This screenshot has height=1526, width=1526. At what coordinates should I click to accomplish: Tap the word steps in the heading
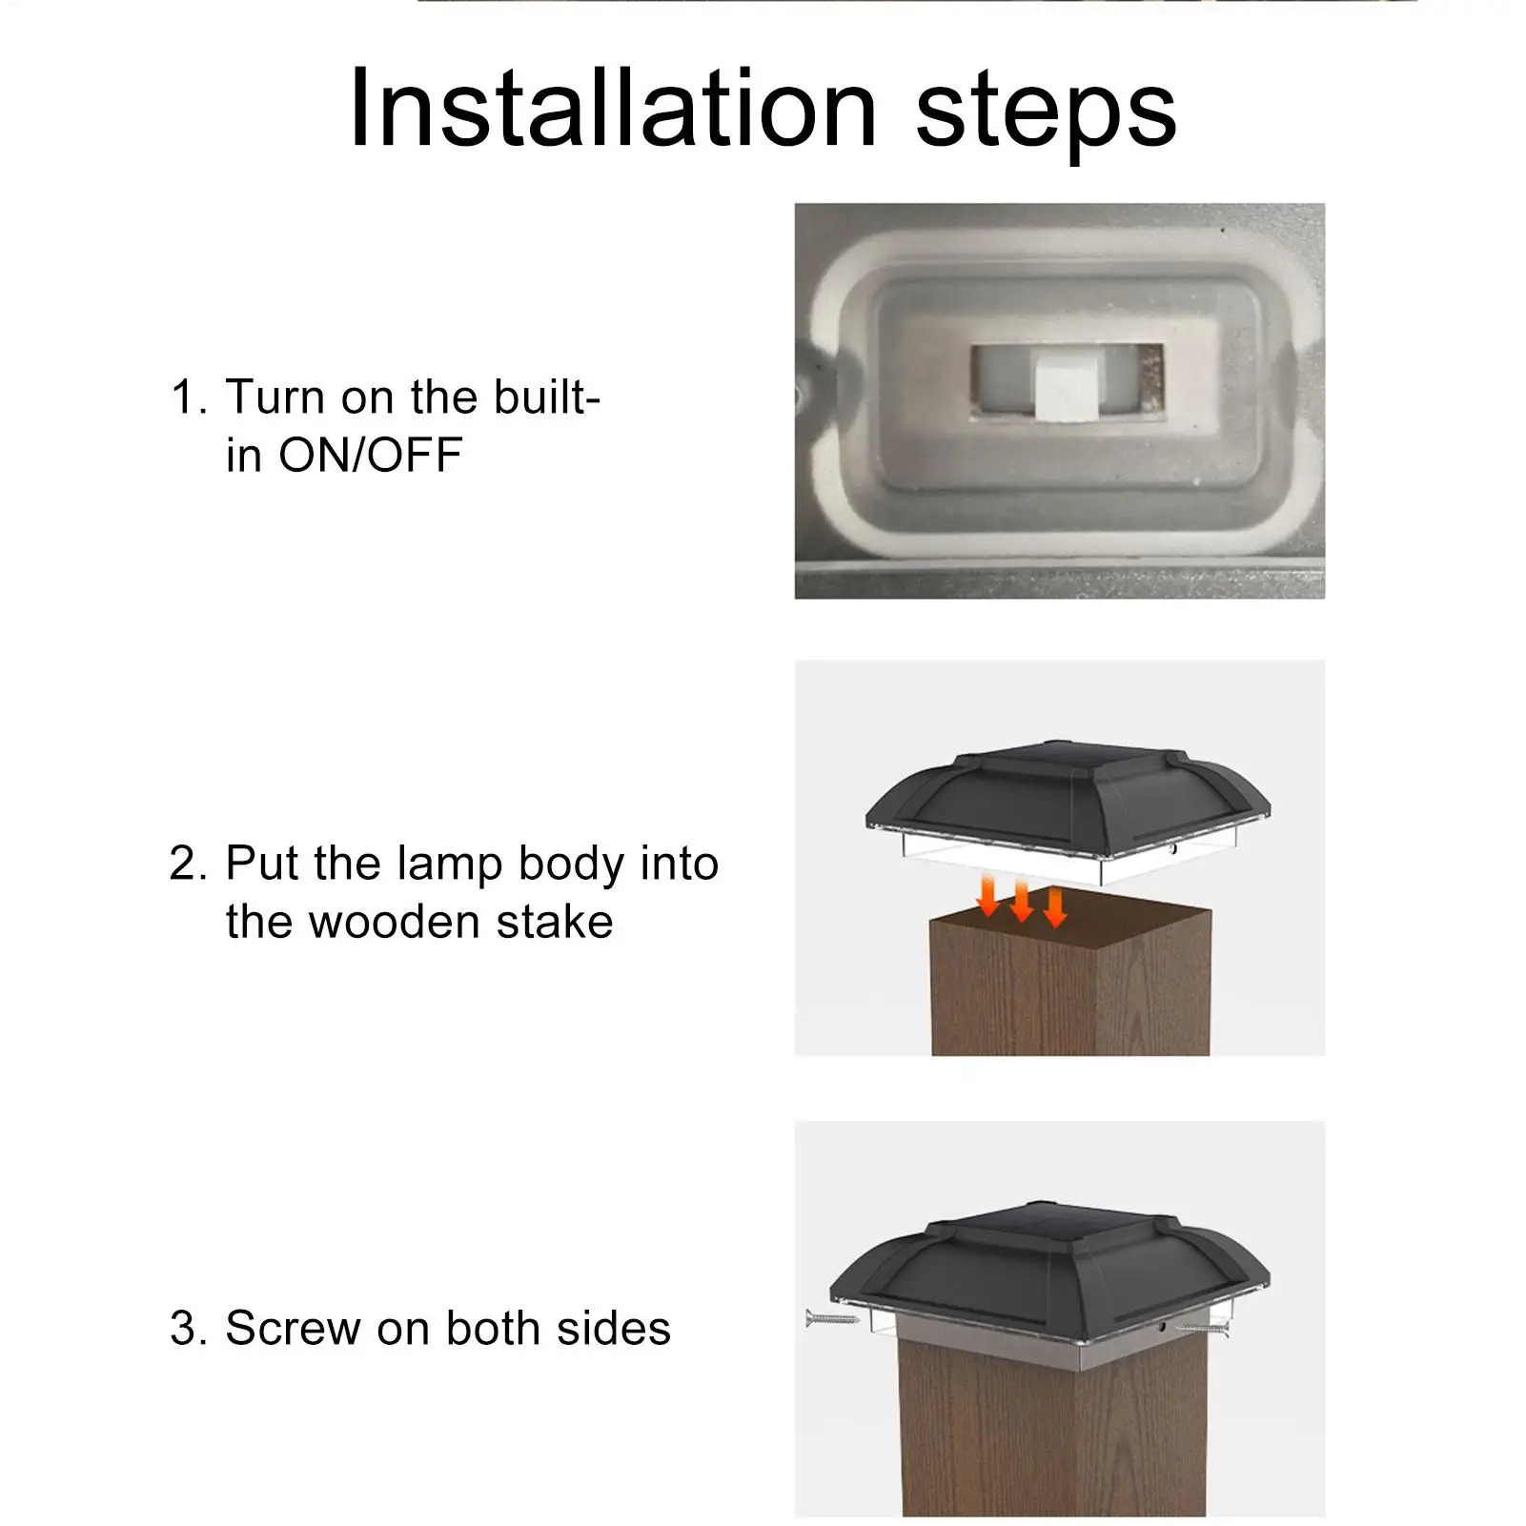coord(1047,114)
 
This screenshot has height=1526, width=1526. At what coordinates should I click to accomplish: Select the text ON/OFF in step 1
coord(370,455)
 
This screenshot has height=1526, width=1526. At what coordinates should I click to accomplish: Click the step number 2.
coord(188,863)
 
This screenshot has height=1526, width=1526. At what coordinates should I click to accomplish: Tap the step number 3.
coord(188,1328)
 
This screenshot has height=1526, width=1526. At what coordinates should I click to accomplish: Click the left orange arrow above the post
coord(988,896)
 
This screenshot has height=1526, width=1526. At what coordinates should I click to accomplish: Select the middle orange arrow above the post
coord(1021,901)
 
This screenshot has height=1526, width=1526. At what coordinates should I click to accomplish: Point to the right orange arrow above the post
coord(1054,906)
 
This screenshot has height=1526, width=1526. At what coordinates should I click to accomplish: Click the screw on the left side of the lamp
coord(832,1319)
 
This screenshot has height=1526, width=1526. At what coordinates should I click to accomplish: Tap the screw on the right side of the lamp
coord(1203,1327)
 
